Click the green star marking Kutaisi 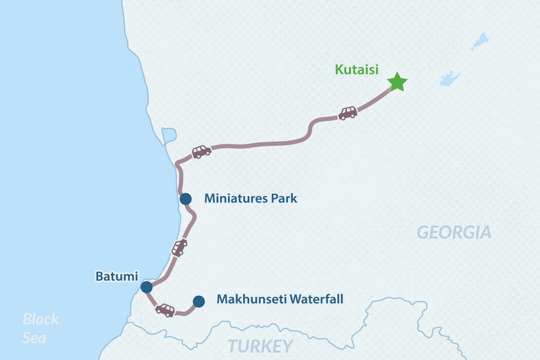pyautogui.click(x=397, y=82)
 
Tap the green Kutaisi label pyautogui.click(x=356, y=70)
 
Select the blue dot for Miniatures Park pyautogui.click(x=185, y=199)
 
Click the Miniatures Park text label pyautogui.click(x=250, y=199)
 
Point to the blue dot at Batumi pyautogui.click(x=146, y=287)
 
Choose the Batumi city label pyautogui.click(x=116, y=277)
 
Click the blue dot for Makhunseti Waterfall pyautogui.click(x=199, y=301)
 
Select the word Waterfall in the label pyautogui.click(x=316, y=299)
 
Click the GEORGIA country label pyautogui.click(x=454, y=232)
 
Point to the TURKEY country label pyautogui.click(x=260, y=346)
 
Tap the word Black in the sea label pyautogui.click(x=41, y=319)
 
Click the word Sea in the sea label pyautogui.click(x=34, y=338)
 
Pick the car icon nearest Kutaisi pyautogui.click(x=348, y=113)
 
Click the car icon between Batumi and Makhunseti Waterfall pyautogui.click(x=165, y=310)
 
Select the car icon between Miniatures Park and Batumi pyautogui.click(x=179, y=247)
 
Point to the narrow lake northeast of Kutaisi pyautogui.click(x=479, y=41)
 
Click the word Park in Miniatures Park pyautogui.click(x=284, y=199)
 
